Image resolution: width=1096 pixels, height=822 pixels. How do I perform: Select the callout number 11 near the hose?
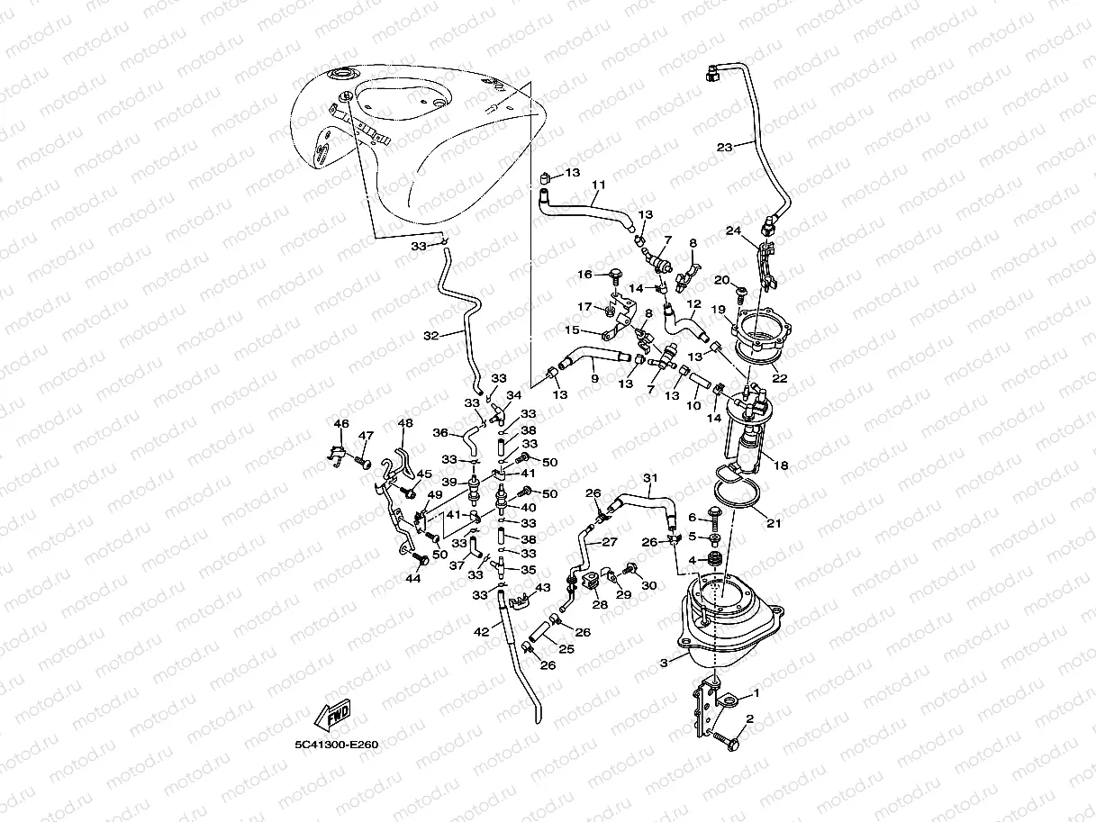tap(598, 185)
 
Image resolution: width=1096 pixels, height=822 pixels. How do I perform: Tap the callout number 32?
tap(430, 336)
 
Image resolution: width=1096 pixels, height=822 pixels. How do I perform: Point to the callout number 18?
tap(781, 465)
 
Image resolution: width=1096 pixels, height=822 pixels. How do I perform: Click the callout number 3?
tap(664, 663)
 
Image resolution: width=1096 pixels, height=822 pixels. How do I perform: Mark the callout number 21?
tap(774, 523)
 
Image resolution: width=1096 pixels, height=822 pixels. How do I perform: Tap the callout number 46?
tap(340, 424)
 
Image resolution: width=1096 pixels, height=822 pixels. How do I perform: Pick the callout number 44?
tap(413, 578)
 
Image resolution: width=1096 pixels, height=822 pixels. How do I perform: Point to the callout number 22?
tap(780, 379)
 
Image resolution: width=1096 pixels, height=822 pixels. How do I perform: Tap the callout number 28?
tap(599, 605)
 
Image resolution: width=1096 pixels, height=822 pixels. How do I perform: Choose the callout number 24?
tap(735, 230)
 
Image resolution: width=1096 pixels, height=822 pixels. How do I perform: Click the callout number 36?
tap(440, 432)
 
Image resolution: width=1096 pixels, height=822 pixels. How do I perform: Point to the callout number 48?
tap(405, 424)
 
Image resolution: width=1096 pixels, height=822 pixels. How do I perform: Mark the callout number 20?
tap(720, 280)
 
